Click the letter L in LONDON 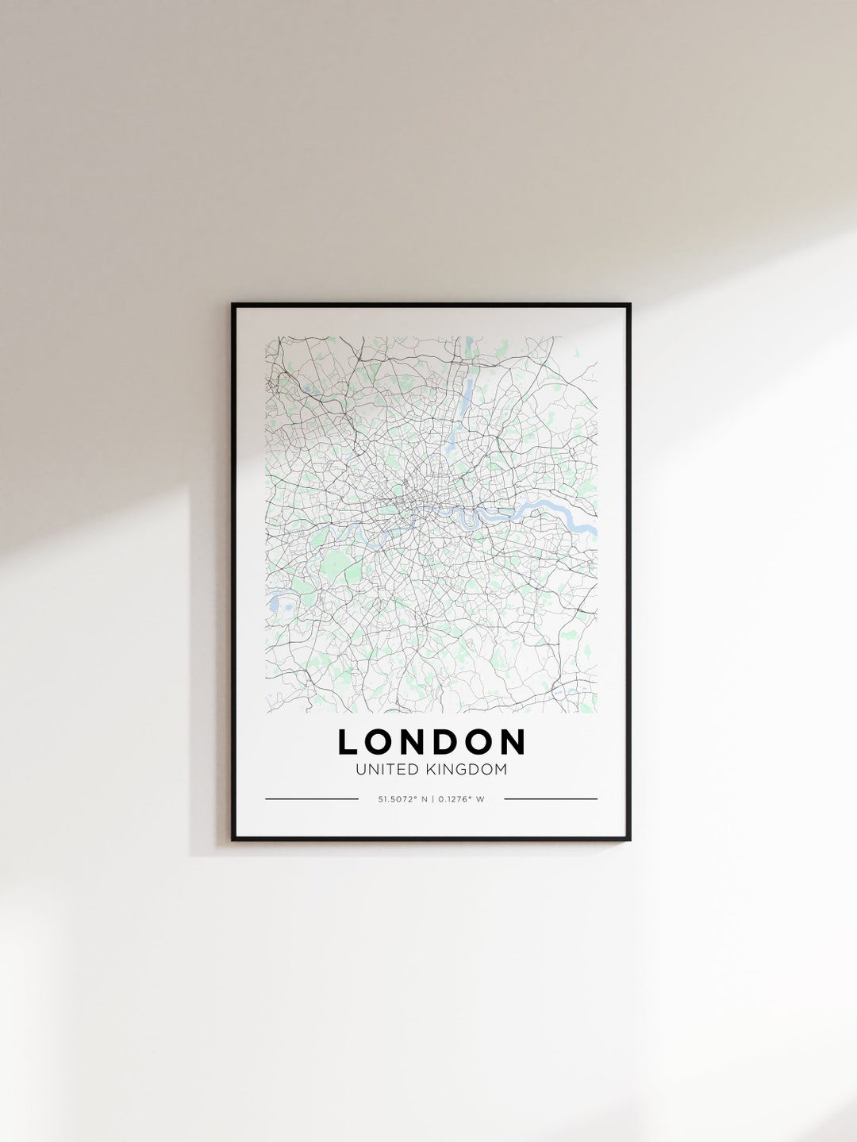(x=347, y=742)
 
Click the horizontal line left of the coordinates (x=311, y=799)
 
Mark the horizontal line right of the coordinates (x=551, y=799)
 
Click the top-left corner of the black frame (x=233, y=305)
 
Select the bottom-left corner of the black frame (x=233, y=839)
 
